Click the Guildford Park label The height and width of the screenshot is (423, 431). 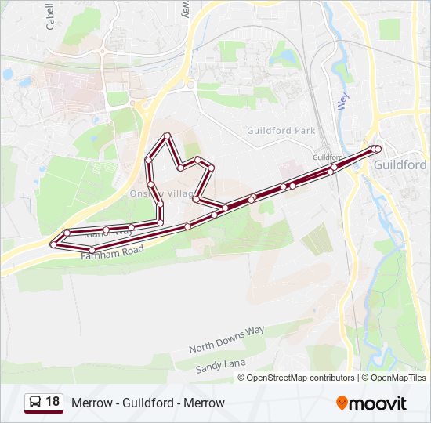click(281, 131)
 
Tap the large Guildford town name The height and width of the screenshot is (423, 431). click(400, 165)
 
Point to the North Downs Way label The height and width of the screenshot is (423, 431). click(226, 339)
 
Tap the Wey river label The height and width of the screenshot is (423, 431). click(342, 102)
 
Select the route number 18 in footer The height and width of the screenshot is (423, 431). click(53, 402)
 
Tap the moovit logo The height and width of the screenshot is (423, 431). click(371, 403)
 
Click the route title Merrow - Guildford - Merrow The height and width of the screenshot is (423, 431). click(148, 403)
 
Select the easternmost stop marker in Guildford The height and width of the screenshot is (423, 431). click(378, 149)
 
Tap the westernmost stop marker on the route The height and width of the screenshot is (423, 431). click(53, 244)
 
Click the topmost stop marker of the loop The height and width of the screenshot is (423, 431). click(167, 136)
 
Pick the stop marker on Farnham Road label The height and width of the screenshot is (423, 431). click(92, 250)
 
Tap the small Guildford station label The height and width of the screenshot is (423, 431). click(328, 157)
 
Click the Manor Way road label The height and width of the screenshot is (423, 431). click(108, 232)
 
